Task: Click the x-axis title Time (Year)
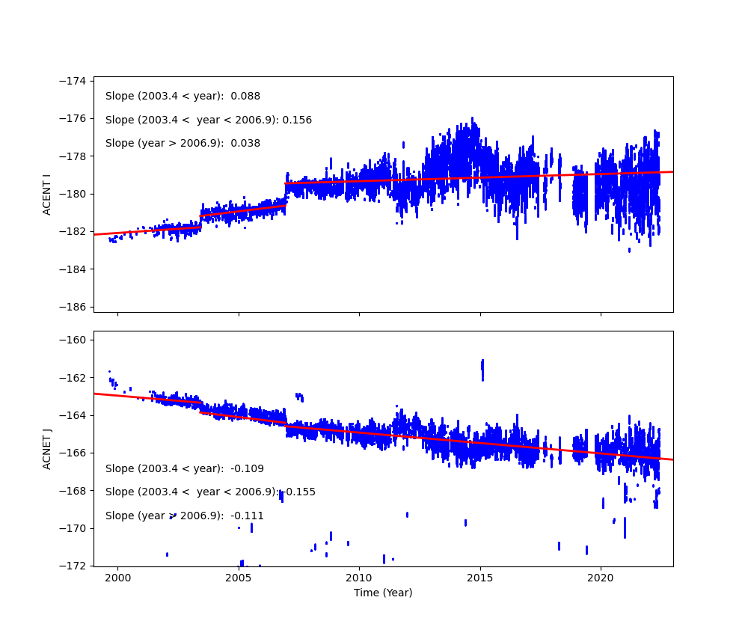tap(383, 593)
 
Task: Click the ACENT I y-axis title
tap(47, 194)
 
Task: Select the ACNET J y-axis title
tap(47, 449)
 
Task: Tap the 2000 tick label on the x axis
tap(117, 578)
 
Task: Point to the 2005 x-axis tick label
tap(239, 578)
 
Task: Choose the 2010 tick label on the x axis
tap(359, 578)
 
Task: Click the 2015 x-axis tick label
tap(480, 578)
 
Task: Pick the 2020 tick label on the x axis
tap(601, 578)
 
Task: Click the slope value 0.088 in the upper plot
tap(245, 97)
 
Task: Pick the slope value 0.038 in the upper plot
tap(245, 144)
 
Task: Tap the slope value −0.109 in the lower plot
tap(247, 469)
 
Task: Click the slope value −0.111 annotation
tap(247, 516)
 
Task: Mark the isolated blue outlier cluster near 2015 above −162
tap(482, 370)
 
